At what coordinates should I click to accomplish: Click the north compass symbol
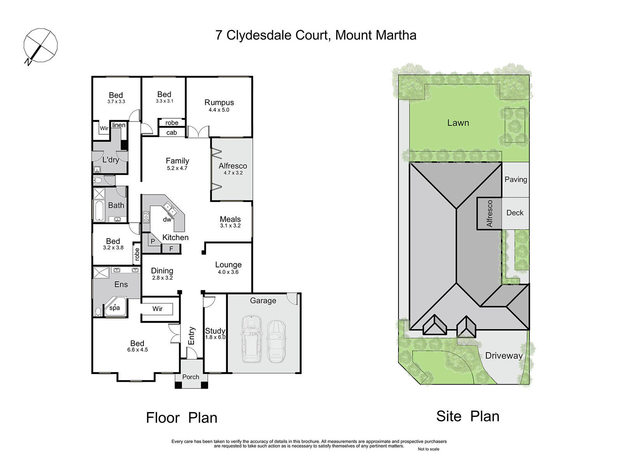coord(40,46)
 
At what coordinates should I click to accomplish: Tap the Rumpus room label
coord(219,102)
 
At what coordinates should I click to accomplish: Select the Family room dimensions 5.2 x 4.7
coord(177,168)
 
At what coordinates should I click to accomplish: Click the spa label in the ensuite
coord(114,308)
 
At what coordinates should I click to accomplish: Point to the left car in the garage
coord(252,339)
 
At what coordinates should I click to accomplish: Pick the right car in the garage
coord(276,341)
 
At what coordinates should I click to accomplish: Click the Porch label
coord(191,377)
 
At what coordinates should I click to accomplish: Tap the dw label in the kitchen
coord(167,219)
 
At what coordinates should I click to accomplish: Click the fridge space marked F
coord(171,249)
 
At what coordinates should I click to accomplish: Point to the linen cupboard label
coord(119,125)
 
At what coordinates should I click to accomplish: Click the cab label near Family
coord(171,132)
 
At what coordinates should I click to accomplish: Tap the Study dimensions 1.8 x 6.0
coord(215,337)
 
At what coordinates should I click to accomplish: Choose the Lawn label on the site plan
coord(458,123)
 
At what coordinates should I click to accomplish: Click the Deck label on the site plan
coord(515,212)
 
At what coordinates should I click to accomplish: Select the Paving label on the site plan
coord(516,179)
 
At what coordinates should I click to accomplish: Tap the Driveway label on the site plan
coord(504,356)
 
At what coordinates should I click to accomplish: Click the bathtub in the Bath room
coord(99,211)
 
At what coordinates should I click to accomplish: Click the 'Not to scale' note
coord(428,449)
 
